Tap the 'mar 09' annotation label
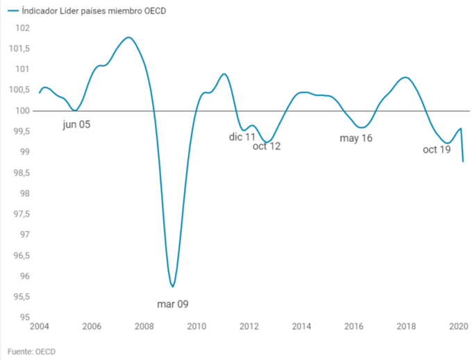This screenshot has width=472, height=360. click(173, 304)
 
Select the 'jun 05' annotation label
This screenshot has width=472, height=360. click(76, 125)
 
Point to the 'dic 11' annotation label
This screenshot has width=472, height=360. click(242, 137)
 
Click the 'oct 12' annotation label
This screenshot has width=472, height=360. click(267, 146)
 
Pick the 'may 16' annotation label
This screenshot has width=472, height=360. click(356, 138)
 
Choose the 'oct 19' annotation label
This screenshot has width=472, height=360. click(437, 149)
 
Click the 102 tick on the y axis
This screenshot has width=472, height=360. click(23, 28)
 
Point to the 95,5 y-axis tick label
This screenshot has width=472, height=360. click(20, 297)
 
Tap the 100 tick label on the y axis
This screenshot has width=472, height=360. click(23, 111)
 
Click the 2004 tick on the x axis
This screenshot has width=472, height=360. click(39, 327)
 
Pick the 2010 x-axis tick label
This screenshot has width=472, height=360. click(196, 327)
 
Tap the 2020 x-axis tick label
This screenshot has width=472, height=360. click(458, 327)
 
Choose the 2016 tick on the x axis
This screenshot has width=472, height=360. click(354, 327)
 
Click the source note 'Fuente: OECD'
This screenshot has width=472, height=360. click(33, 351)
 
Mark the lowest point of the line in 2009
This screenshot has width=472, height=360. click(172, 286)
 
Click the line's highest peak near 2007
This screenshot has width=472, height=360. click(128, 37)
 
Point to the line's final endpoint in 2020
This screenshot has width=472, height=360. click(463, 162)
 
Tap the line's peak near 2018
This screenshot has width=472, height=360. click(405, 77)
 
